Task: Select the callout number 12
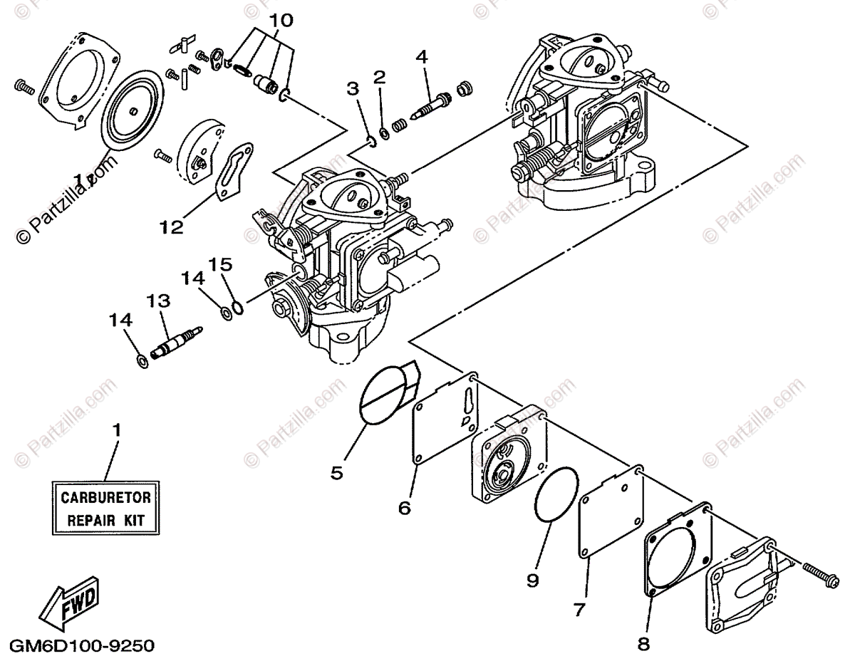(x=171, y=227)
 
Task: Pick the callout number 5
(x=337, y=472)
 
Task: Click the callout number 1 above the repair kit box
(x=117, y=430)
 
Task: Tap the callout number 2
(x=379, y=76)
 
